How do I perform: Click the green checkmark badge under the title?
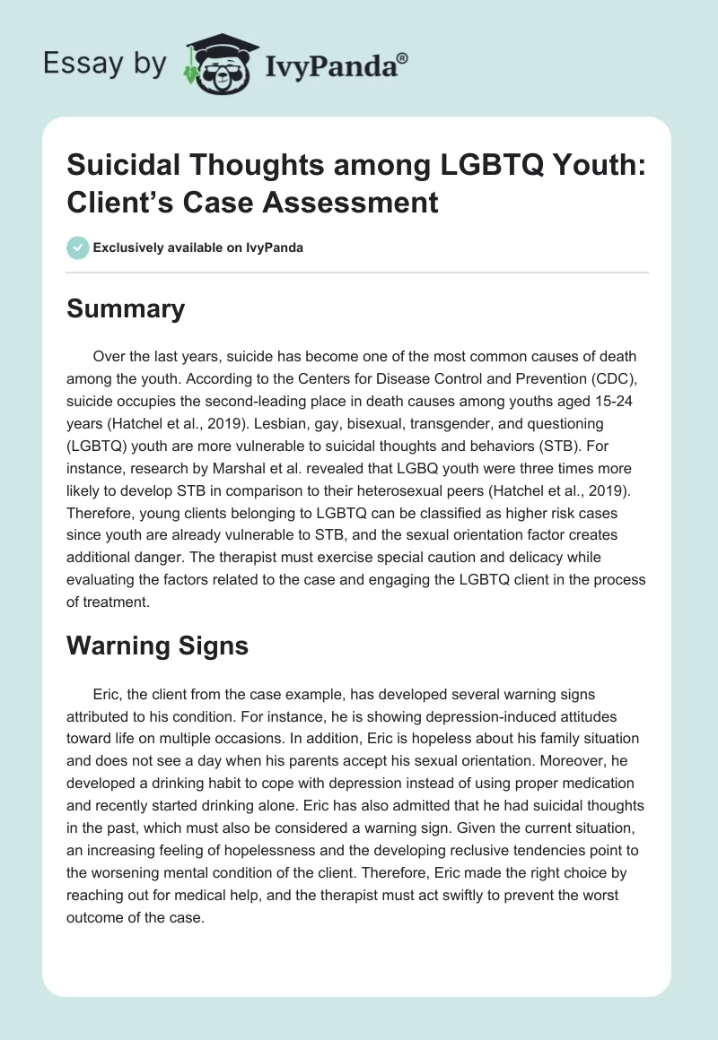point(77,247)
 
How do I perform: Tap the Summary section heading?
point(126,309)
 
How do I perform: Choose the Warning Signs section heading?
point(157,646)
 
